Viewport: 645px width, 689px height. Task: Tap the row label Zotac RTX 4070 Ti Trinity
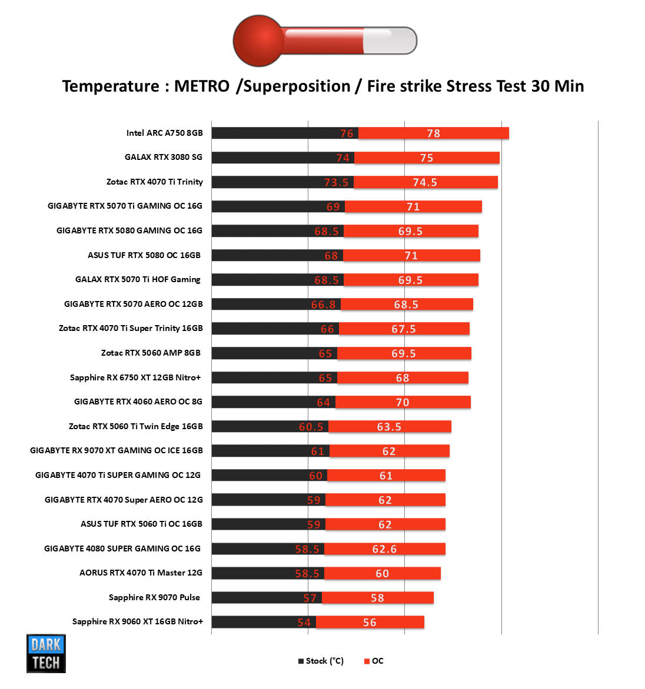coord(154,182)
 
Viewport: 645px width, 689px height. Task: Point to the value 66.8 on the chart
coord(324,305)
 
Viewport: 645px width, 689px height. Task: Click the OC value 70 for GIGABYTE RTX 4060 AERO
coord(403,403)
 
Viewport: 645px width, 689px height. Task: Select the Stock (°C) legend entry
coord(321,661)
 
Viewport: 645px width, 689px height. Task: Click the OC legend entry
coord(374,661)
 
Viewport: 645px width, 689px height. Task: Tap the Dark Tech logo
coord(46,653)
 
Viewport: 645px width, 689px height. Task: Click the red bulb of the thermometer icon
coord(258,41)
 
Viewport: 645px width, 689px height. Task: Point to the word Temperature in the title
coord(111,86)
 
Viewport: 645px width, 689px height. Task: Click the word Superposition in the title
coord(297,86)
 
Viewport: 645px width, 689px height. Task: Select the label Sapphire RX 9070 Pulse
coord(154,597)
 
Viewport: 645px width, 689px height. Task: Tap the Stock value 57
coord(310,598)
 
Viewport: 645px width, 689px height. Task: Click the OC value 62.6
coord(384,549)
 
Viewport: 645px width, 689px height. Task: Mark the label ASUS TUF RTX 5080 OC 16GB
coord(144,255)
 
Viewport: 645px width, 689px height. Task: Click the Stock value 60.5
coord(311,427)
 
